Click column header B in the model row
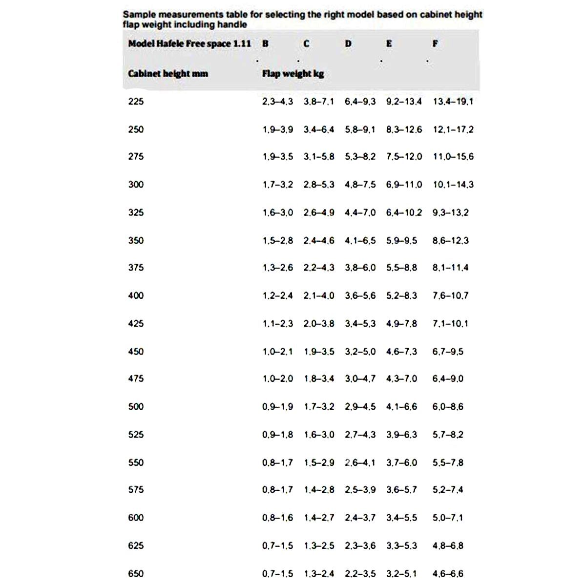pos(265,43)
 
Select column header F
pos(435,43)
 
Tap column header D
pos(348,43)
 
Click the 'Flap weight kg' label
pos(293,74)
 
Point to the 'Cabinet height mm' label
pos(168,74)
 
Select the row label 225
pos(136,102)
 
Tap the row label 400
pos(136,295)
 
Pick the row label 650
pos(136,574)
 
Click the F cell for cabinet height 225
pos(453,102)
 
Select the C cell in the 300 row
pos(319,185)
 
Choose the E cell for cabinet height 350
pos(401,240)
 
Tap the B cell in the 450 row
pos(277,352)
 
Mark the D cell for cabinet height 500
pos(360,407)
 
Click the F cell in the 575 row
pos(448,490)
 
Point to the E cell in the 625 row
pos(401,545)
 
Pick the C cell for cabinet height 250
pos(319,129)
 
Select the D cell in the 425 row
pos(360,323)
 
